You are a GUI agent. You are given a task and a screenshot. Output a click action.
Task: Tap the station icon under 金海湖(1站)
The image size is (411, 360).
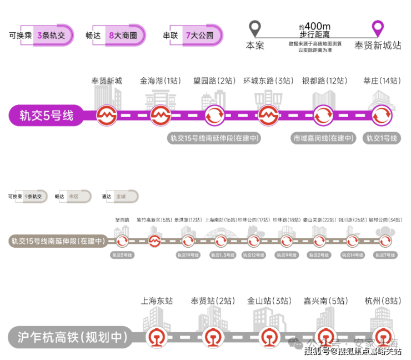point(159,116)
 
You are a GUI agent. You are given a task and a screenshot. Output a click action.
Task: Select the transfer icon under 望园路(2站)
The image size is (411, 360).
point(214,116)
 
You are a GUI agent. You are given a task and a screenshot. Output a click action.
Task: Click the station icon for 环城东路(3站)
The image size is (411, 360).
point(268,116)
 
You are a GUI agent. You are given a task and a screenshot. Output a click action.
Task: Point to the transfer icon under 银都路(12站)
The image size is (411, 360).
point(324,116)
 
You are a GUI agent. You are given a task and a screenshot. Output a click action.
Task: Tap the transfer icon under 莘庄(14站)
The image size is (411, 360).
point(381,116)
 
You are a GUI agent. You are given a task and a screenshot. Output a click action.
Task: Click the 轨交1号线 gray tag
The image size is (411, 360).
point(381,138)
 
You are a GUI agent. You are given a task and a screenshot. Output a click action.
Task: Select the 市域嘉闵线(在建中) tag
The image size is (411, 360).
point(324,138)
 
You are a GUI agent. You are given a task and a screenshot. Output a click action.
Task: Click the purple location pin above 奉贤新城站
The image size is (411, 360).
point(378,29)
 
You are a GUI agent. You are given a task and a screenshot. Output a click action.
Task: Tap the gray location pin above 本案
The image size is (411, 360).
point(255,29)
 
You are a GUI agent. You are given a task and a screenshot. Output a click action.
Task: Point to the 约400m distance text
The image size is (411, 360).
point(314,26)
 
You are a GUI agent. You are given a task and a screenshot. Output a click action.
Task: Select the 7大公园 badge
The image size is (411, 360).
point(199,35)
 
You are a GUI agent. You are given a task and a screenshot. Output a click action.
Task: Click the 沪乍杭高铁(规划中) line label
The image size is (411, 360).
point(68,337)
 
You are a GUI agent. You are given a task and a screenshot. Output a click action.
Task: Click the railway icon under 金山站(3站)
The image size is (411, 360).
point(269,337)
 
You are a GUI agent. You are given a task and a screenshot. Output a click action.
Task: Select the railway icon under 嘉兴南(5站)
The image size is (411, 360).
point(325,337)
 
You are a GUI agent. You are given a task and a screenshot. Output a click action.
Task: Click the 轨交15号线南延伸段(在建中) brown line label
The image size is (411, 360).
point(57,241)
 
